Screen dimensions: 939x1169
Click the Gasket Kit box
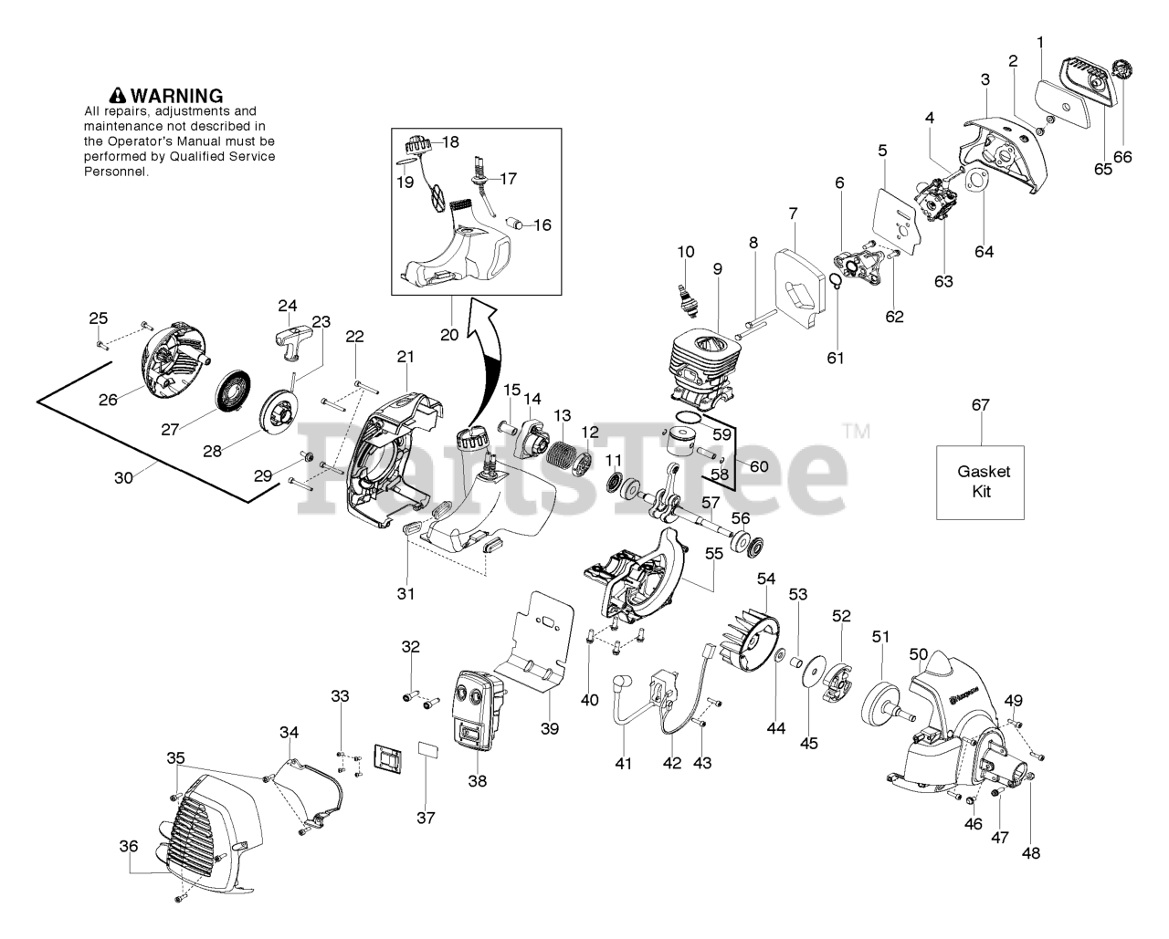pyautogui.click(x=980, y=482)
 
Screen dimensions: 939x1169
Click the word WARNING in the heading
pyautogui.click(x=177, y=96)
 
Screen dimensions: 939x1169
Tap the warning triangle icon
pyautogui.click(x=118, y=96)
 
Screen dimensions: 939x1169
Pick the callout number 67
pyautogui.click(x=981, y=405)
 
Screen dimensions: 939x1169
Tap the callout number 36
pyautogui.click(x=129, y=847)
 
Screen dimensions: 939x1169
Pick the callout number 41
pyautogui.click(x=623, y=764)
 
